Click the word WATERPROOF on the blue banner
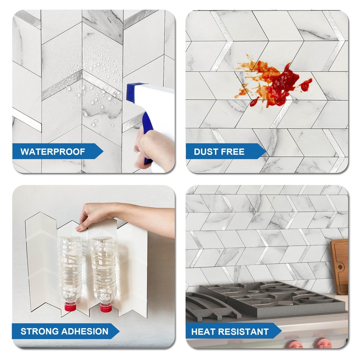pyautogui.click(x=52, y=152)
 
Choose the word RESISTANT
pyautogui.click(x=243, y=332)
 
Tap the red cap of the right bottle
pyautogui.click(x=106, y=308)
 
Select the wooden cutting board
pyautogui.click(x=340, y=265)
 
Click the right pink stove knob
pyautogui.click(x=323, y=344)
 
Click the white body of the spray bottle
pyautogui.click(x=155, y=103)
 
